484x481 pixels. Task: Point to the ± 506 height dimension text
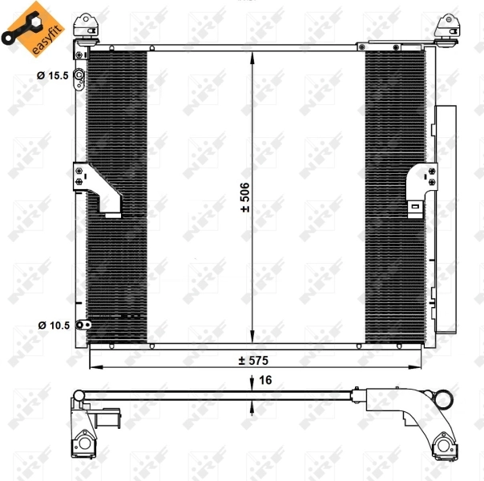click(x=246, y=196)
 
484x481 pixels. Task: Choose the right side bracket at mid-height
click(x=420, y=186)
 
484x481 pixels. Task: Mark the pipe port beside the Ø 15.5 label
click(x=80, y=77)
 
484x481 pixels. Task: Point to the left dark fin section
click(x=117, y=196)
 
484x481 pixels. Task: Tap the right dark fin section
click(x=393, y=196)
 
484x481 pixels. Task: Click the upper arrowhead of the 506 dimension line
click(x=253, y=56)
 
